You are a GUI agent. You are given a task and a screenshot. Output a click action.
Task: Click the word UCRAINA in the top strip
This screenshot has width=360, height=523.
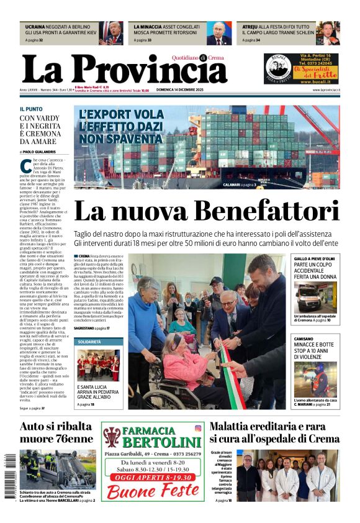pos(35,27)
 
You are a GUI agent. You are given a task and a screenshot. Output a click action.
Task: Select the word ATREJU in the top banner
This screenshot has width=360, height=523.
pos(251,27)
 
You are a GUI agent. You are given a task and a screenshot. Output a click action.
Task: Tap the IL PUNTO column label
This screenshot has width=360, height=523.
pos(31,109)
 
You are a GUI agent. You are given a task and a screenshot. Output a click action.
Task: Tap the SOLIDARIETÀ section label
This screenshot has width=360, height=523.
pos(89,342)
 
